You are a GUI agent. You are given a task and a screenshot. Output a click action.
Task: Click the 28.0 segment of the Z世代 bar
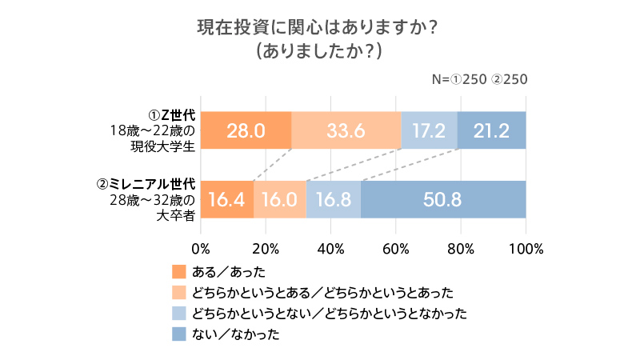[246, 130]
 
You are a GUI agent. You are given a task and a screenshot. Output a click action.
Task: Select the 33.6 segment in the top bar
[346, 130]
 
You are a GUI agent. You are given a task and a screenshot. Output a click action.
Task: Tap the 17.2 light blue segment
[429, 130]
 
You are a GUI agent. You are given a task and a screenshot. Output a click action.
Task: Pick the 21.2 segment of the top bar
[491, 130]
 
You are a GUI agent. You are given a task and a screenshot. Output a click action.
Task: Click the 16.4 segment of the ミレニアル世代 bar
[226, 199]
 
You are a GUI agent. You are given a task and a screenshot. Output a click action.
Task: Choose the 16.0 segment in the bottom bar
[280, 199]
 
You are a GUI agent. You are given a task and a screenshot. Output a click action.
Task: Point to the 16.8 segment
[334, 199]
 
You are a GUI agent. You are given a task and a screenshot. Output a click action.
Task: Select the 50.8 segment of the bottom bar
[443, 199]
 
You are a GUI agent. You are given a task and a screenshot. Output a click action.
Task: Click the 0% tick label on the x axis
[201, 247]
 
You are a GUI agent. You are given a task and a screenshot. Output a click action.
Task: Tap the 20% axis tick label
[266, 247]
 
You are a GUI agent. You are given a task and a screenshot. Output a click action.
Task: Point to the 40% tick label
[331, 247]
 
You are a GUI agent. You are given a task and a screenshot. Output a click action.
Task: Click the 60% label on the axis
[396, 247]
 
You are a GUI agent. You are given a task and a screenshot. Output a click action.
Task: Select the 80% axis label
[462, 247]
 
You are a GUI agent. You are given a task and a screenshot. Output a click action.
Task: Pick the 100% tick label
[526, 247]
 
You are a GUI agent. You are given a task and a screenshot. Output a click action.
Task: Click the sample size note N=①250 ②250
[479, 79]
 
